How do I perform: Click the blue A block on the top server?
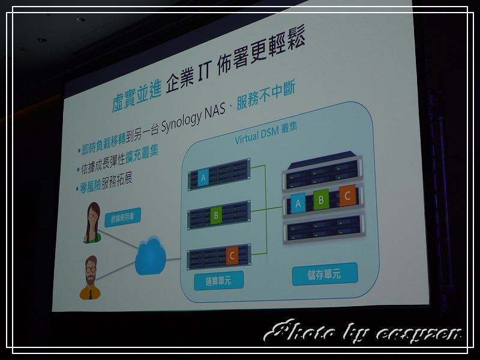pyautogui.click(x=203, y=178)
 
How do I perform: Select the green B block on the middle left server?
pyautogui.click(x=216, y=215)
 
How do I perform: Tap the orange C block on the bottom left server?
pyautogui.click(x=232, y=256)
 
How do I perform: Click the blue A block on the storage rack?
pyautogui.click(x=298, y=203)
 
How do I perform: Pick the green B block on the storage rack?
pyautogui.click(x=321, y=200)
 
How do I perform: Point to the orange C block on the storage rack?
pyautogui.click(x=347, y=196)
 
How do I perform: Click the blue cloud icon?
pyautogui.click(x=151, y=256)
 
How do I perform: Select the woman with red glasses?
pyautogui.click(x=92, y=223)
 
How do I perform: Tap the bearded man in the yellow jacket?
pyautogui.click(x=91, y=278)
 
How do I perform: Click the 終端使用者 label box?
pyautogui.click(x=123, y=217)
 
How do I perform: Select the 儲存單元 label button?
pyautogui.click(x=325, y=274)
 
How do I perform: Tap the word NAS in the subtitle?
pyautogui.click(x=215, y=110)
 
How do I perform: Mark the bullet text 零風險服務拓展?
pyautogui.click(x=106, y=183)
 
